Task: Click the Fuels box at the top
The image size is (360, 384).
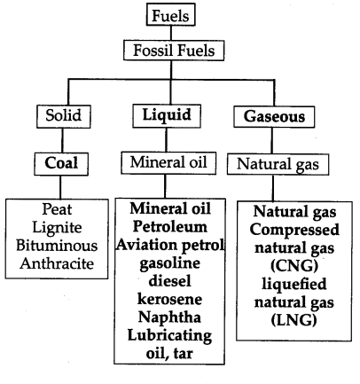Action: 171,15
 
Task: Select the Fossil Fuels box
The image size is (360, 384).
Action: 174,51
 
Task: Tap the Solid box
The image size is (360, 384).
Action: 64,116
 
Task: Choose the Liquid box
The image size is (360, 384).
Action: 167,116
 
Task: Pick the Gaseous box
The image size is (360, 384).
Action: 274,116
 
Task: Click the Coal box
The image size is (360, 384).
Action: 61,164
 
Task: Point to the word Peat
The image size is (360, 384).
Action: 57,209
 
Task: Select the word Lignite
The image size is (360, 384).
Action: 57,228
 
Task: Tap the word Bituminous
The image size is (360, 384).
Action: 57,246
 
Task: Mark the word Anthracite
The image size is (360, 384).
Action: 57,263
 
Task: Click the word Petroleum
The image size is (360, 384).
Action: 170,227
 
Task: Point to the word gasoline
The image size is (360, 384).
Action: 170,263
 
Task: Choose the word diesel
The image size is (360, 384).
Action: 170,281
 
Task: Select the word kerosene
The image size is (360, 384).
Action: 170,299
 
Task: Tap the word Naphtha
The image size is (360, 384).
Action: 169,317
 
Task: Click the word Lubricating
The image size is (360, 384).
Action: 169,335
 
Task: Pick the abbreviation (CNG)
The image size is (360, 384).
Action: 294,266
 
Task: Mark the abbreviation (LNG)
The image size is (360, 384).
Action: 294,320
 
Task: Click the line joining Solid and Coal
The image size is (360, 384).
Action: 62,140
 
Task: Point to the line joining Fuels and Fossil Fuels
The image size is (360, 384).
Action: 171,33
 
